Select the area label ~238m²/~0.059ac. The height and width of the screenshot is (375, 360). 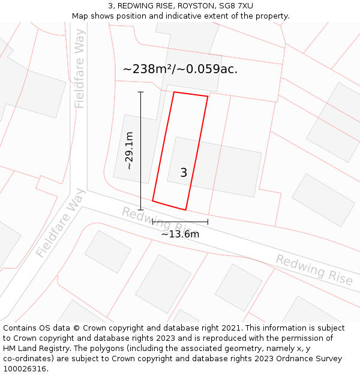[x=180, y=69]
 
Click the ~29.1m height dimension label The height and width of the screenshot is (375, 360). [x=129, y=151]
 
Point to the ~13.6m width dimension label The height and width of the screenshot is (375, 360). [x=180, y=234]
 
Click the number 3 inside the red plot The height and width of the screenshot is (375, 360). [x=184, y=173]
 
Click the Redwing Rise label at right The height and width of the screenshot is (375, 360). [x=314, y=269]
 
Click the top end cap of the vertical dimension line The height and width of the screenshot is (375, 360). [x=141, y=92]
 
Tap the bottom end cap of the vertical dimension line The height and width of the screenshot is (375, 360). [x=141, y=210]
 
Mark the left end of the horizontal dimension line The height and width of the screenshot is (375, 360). [x=152, y=222]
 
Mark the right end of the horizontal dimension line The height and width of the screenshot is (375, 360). [x=208, y=222]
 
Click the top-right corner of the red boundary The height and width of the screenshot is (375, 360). [x=208, y=96]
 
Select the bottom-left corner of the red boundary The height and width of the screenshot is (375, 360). [x=152, y=200]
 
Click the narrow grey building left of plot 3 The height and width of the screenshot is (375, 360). [x=136, y=148]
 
